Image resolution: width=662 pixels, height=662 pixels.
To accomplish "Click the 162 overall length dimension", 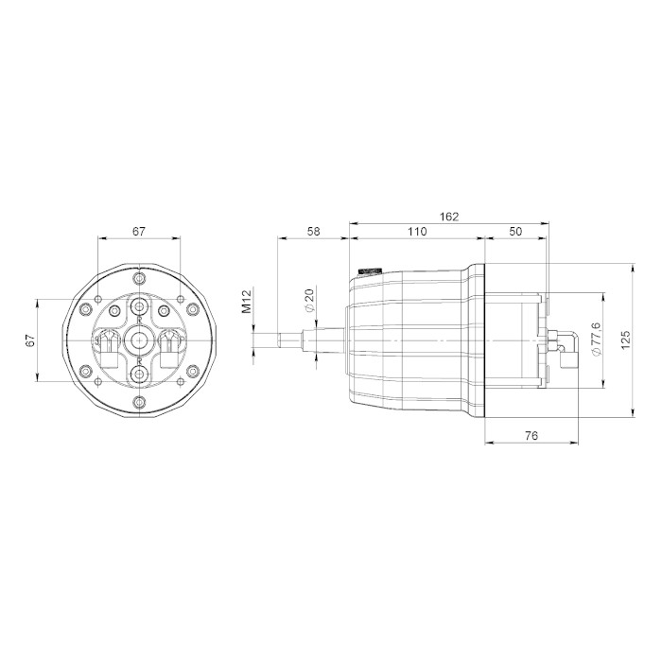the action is coord(449,217).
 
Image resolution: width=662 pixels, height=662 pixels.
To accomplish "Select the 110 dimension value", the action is coord(417,232).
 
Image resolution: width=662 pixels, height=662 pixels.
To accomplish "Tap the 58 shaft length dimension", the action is coord(313,232).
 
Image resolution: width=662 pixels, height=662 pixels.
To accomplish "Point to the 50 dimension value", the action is coord(516,232).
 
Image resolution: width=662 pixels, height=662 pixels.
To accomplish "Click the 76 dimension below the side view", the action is coord(531,436).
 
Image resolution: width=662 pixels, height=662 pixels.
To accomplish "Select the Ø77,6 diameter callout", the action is coord(596,339).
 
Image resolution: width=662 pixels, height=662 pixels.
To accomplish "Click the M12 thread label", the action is coord(246,300).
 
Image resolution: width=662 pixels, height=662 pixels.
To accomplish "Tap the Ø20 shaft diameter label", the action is coord(309,300).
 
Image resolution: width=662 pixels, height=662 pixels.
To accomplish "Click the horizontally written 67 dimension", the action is coord(139,232).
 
